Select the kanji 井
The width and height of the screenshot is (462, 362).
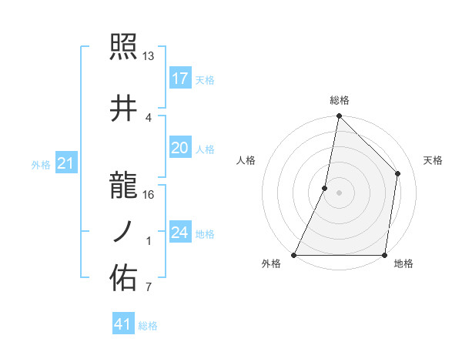(x=124, y=109)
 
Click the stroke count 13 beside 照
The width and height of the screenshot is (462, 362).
(x=149, y=56)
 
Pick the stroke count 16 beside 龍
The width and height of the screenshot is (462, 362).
(x=149, y=195)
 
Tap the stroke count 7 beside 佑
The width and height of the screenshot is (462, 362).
(x=148, y=288)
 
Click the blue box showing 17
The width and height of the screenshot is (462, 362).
(x=179, y=79)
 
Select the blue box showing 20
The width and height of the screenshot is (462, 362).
(x=179, y=149)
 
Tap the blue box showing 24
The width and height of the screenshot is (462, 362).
(x=179, y=233)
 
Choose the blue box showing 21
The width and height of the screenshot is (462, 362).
(x=65, y=163)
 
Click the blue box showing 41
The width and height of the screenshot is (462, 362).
(x=123, y=324)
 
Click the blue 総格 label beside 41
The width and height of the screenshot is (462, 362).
(x=148, y=326)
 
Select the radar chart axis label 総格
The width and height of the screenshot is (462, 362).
(x=339, y=100)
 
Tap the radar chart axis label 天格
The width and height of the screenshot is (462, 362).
(x=433, y=160)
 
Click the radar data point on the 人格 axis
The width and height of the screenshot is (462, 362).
(x=325, y=188)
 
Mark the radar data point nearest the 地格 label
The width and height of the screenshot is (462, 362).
(x=384, y=255)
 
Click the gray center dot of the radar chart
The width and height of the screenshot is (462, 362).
(x=339, y=193)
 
